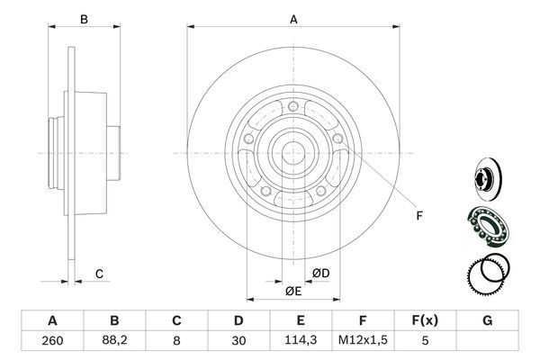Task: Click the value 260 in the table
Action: [x=51, y=341]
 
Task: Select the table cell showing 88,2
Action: [x=114, y=341]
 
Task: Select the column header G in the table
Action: [x=488, y=320]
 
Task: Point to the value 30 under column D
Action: [x=239, y=341]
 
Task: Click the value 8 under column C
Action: [x=177, y=341]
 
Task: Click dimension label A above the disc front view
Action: [x=293, y=17]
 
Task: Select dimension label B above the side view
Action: [x=84, y=18]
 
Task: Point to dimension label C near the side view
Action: [x=100, y=274]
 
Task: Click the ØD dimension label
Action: [x=319, y=274]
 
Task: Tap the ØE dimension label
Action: [x=292, y=292]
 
